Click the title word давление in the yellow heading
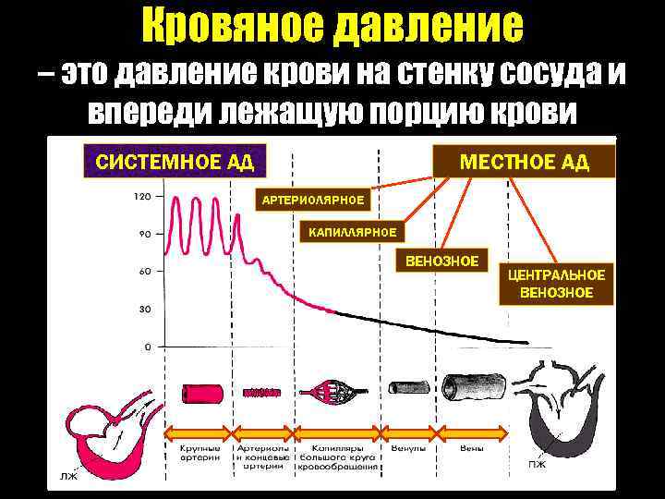click(x=433, y=28)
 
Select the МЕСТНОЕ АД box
click(x=525, y=164)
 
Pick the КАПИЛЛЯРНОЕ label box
click(x=353, y=231)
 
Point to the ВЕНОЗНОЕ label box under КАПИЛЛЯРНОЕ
click(x=442, y=262)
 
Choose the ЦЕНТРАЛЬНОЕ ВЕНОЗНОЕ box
click(x=556, y=284)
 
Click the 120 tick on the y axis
click(x=142, y=196)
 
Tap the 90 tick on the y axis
click(x=145, y=234)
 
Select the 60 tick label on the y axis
click(x=145, y=271)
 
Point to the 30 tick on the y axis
click(x=145, y=309)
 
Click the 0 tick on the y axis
click(x=148, y=347)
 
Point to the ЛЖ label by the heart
click(x=68, y=477)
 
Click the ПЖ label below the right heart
click(x=537, y=463)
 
